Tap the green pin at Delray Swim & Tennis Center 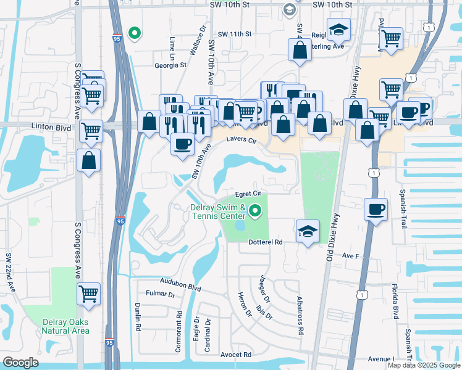coord(254,213)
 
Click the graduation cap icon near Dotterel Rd coord(308,231)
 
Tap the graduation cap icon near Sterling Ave coord(338,30)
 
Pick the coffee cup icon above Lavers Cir coord(182,144)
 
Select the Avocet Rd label coord(236,355)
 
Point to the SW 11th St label coord(235,35)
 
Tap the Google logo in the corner coord(20,363)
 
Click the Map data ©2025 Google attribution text coord(424,365)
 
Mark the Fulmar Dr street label coord(161,295)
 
